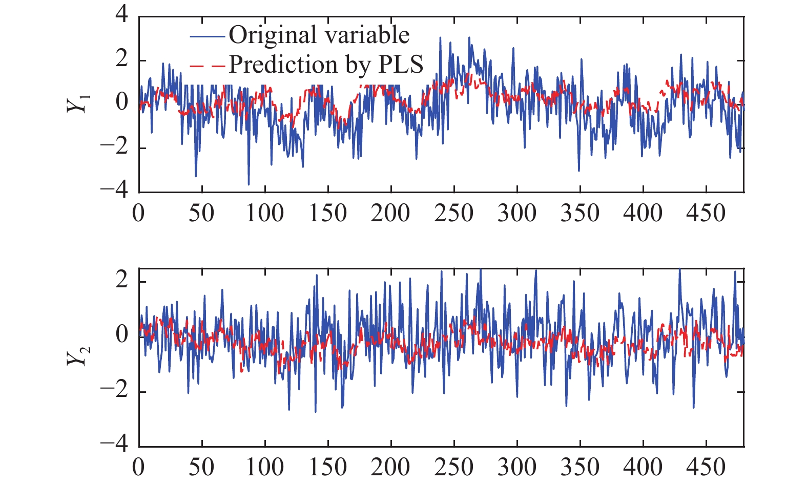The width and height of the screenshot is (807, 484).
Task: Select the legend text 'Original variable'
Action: pos(319,35)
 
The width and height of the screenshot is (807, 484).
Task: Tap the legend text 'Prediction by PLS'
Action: pos(326,65)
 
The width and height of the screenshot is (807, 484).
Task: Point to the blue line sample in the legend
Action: pos(207,36)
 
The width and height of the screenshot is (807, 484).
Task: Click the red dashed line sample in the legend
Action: pos(207,66)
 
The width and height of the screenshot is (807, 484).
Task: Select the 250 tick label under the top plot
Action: pos(454,213)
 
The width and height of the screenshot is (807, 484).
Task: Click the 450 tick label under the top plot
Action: pos(706,213)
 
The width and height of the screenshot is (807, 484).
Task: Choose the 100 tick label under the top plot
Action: pos(265,213)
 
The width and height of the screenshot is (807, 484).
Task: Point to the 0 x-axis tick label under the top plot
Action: pos(138,213)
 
